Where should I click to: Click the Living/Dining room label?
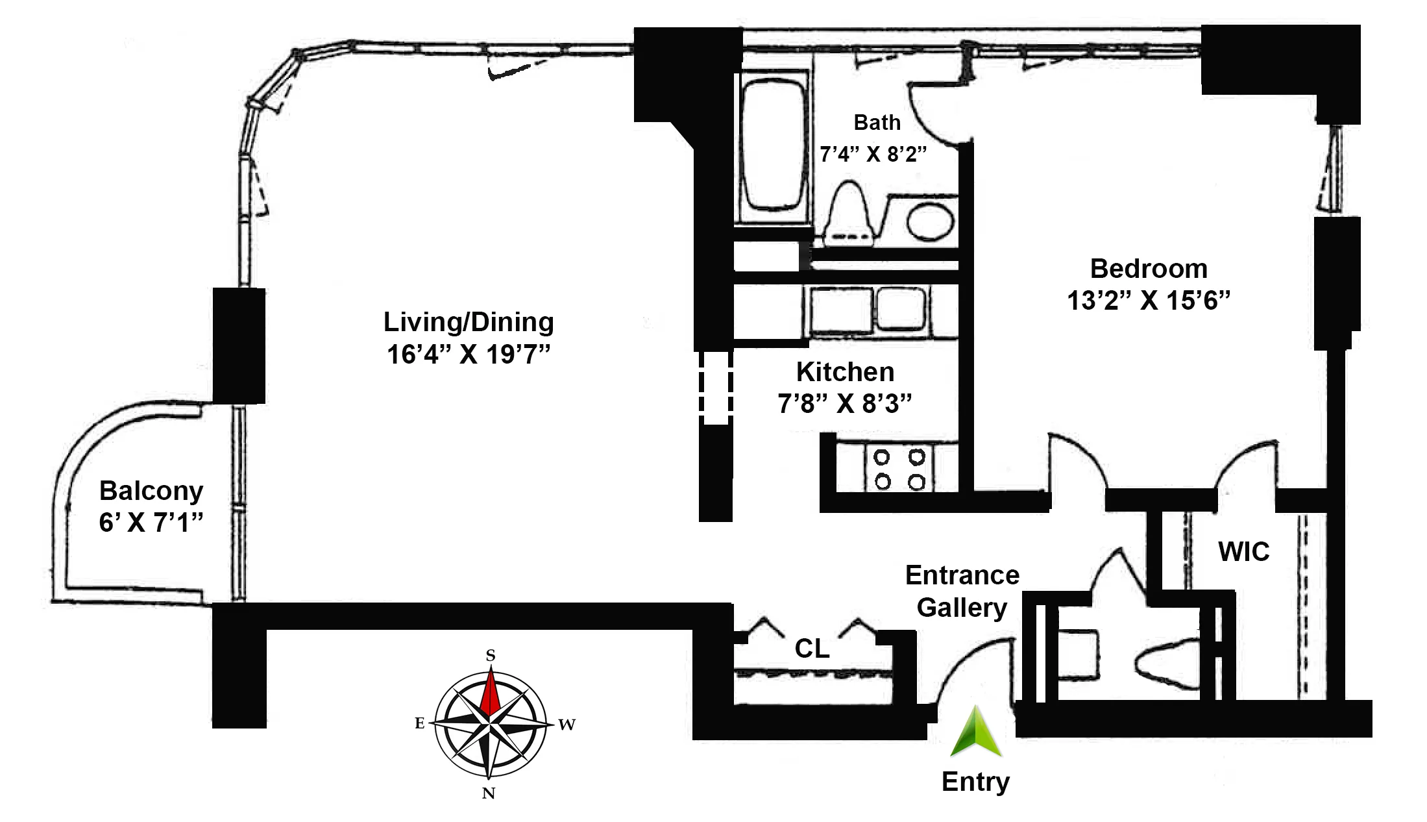point(469,322)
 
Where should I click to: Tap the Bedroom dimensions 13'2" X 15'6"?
point(1149,301)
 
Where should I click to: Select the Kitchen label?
point(845,372)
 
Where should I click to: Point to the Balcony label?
point(151,491)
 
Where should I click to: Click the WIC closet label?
point(1243,552)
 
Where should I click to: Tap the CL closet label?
point(812,649)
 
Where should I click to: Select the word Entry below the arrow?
point(975,782)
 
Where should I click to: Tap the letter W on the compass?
point(567,725)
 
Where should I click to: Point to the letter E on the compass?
point(419,723)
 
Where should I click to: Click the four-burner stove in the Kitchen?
point(899,469)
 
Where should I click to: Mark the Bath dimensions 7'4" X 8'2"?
point(873,155)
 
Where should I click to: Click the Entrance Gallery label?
point(962,592)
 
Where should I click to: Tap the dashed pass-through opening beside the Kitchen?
point(716,388)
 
